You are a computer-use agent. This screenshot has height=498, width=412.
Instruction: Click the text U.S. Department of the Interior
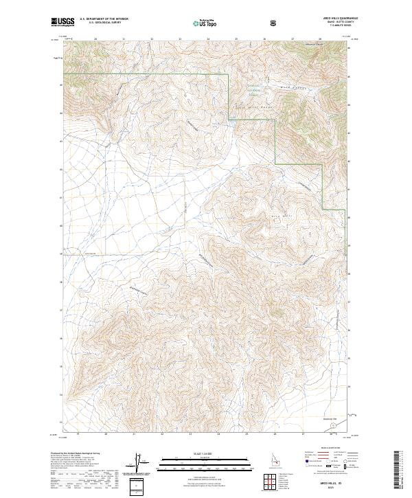tap(102, 20)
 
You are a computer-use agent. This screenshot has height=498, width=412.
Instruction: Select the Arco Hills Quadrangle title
tap(337, 19)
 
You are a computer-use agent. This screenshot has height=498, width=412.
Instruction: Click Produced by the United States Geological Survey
tap(76, 454)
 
